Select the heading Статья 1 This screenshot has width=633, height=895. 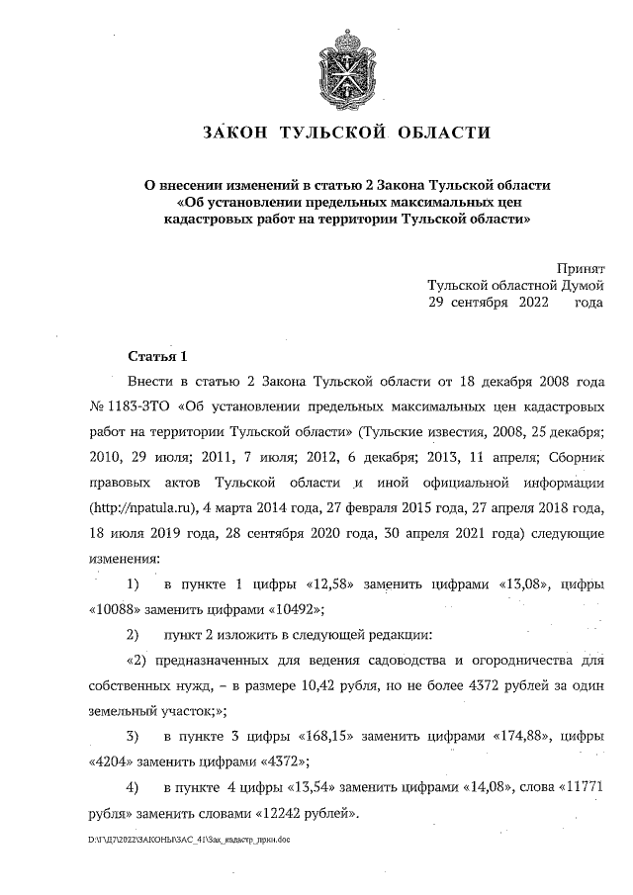157,355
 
